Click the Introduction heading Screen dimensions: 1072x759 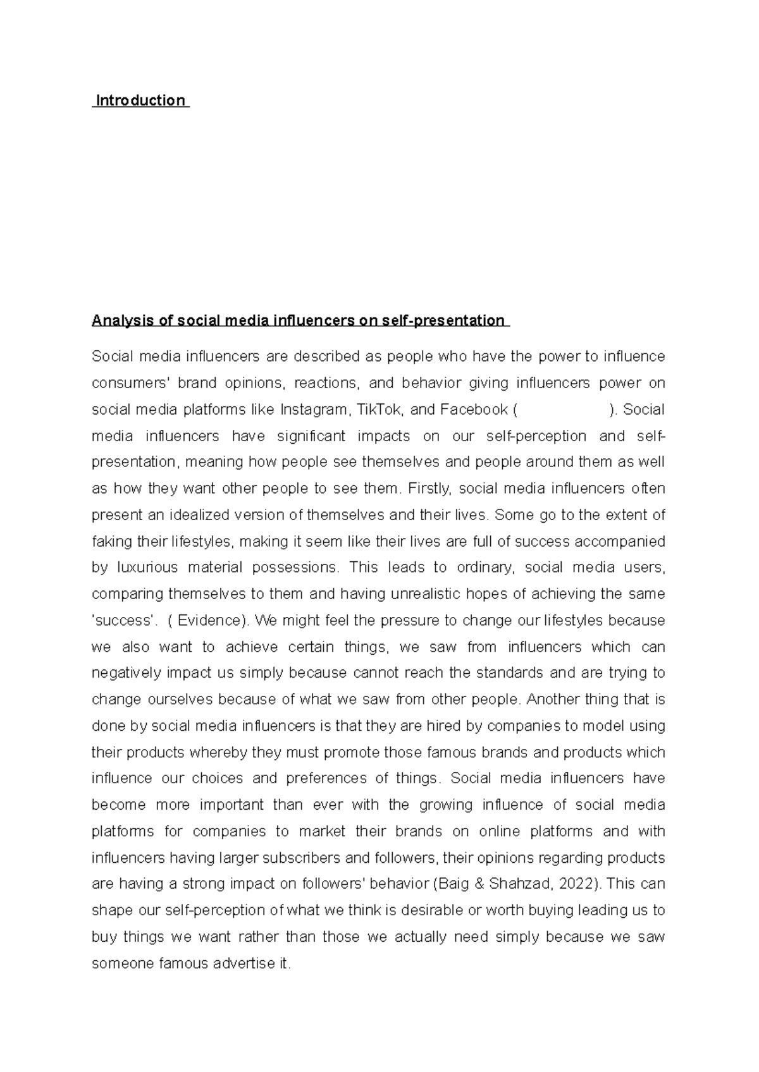[x=140, y=100]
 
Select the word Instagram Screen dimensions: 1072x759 [x=313, y=410]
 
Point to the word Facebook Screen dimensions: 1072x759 [x=474, y=410]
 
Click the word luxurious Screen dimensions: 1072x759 [x=147, y=568]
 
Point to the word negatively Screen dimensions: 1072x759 [x=126, y=673]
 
